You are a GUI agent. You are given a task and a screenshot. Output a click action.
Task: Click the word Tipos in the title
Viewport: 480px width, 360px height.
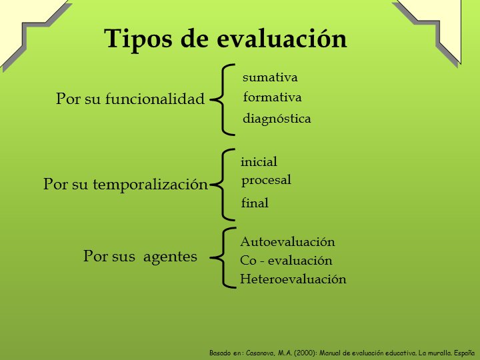tap(138, 39)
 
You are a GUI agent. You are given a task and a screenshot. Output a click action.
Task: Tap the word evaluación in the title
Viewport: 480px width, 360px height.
tap(282, 38)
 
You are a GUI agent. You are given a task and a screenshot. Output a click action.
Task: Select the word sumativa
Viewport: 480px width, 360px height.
tap(270, 77)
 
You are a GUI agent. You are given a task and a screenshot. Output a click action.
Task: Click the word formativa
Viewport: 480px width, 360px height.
tap(272, 97)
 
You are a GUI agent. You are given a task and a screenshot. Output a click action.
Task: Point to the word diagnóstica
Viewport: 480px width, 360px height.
tap(277, 119)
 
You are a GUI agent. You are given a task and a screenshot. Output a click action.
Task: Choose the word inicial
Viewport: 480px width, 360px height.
tap(259, 161)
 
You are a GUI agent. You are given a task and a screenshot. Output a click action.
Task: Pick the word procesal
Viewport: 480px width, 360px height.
tap(266, 181)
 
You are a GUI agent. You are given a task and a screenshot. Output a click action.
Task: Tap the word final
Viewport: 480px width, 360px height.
tap(255, 203)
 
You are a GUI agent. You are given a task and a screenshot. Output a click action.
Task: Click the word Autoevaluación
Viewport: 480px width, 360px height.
tap(287, 242)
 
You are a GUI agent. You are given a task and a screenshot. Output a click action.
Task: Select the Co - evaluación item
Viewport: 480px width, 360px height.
tap(286, 261)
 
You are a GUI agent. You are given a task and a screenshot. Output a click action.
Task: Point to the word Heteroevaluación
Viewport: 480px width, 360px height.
tap(293, 279)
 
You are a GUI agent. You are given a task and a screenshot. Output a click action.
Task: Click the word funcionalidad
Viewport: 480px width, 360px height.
tap(155, 99)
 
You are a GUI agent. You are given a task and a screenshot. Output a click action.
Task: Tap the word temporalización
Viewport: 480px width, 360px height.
tap(150, 184)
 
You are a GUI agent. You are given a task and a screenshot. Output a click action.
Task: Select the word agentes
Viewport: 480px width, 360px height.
tap(170, 257)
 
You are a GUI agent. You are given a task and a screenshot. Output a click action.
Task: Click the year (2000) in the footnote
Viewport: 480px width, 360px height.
tap(304, 353)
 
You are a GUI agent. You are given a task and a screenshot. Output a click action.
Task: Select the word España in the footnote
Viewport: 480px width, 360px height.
tap(464, 353)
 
